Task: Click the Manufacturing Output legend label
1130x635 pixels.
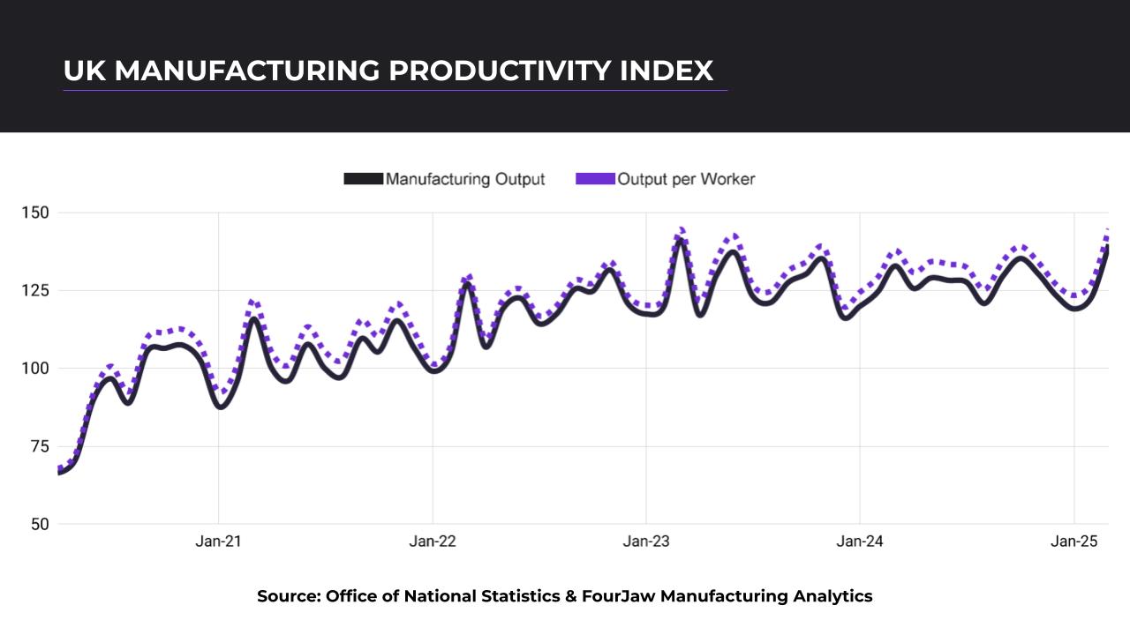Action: click(x=465, y=179)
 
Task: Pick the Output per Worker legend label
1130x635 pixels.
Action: click(x=686, y=179)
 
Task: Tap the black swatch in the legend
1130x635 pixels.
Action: click(x=363, y=179)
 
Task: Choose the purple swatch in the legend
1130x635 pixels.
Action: click(x=594, y=179)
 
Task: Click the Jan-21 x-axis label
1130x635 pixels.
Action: click(x=218, y=542)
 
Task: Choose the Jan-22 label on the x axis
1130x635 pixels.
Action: click(x=433, y=542)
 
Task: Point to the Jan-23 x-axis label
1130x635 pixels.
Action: click(x=646, y=542)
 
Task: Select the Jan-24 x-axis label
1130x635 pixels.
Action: click(x=860, y=542)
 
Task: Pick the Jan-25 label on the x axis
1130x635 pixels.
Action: click(x=1073, y=542)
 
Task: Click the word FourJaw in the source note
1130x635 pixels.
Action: click(x=618, y=596)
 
